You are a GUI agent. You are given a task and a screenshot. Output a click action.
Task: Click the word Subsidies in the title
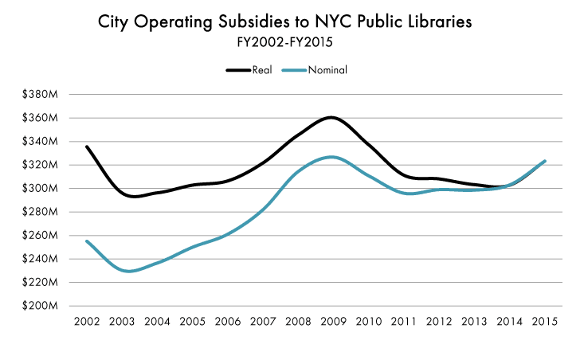coord(245,22)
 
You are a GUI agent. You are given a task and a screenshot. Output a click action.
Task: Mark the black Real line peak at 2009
coord(330,118)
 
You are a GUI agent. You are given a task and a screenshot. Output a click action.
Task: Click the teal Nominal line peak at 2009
coord(331,157)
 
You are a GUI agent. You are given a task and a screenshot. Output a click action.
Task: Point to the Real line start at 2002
coord(86,147)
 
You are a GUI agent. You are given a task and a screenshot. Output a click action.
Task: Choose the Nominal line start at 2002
coord(86,241)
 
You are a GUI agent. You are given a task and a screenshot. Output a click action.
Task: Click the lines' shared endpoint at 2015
coord(544,161)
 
